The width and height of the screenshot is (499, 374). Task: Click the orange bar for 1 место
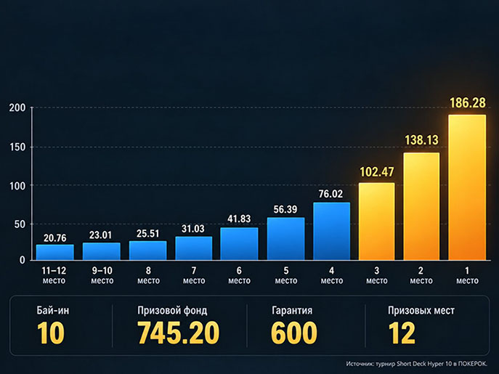pyautogui.click(x=467, y=187)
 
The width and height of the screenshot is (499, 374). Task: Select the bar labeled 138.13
pyautogui.click(x=421, y=206)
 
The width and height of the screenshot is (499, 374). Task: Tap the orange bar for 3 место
pyautogui.click(x=376, y=221)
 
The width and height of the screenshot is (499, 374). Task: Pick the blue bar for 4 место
pyautogui.click(x=332, y=232)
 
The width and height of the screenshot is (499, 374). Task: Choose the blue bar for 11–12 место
pyautogui.click(x=55, y=253)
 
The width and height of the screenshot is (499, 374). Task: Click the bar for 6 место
pyautogui.click(x=239, y=244)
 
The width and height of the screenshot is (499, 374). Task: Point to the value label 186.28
pyautogui.click(x=468, y=103)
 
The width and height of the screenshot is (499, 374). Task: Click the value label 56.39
pyautogui.click(x=285, y=209)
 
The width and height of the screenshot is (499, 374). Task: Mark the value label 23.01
pyautogui.click(x=100, y=235)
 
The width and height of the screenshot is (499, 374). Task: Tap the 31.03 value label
pyautogui.click(x=193, y=229)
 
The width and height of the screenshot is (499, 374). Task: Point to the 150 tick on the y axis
pyautogui.click(x=17, y=147)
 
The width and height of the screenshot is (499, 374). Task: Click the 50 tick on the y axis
pyautogui.click(x=20, y=224)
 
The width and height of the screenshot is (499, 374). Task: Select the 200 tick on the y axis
pyautogui.click(x=17, y=107)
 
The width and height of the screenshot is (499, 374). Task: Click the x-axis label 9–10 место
pyautogui.click(x=102, y=275)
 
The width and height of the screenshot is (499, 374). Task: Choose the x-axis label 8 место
pyautogui.click(x=148, y=275)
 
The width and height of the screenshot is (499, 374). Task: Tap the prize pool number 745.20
pyautogui.click(x=178, y=333)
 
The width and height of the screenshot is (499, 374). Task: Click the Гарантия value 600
pyautogui.click(x=294, y=333)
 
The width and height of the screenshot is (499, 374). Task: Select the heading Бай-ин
pyautogui.click(x=52, y=310)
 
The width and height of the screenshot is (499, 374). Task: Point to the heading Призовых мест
pyautogui.click(x=421, y=310)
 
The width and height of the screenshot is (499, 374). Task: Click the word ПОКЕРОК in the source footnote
pyautogui.click(x=472, y=364)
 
